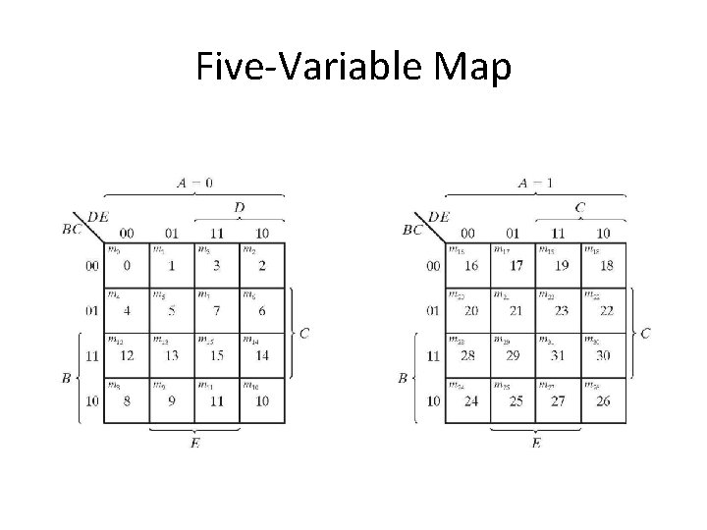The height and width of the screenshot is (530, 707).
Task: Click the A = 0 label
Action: coord(194,182)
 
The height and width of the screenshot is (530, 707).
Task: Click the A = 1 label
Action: coord(536,182)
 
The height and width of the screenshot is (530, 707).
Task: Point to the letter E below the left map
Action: coord(194,444)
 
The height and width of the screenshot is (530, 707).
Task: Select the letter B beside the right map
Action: coord(404,378)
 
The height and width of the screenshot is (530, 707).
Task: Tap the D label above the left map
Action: coord(240,207)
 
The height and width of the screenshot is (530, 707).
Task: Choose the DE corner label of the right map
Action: coord(439,217)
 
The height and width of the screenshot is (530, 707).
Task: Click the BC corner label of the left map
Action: coord(73,230)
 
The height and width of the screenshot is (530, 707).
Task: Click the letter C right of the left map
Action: coord(304,334)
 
